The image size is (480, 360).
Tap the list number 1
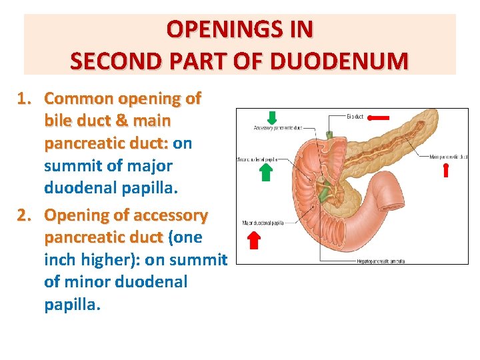tap(24, 99)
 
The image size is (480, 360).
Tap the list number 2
tap(24, 216)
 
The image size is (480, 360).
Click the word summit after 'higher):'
tap(199, 260)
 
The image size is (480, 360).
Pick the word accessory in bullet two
tap(171, 216)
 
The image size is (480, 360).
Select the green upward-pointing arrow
tap(265, 172)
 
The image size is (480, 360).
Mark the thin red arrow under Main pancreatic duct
tap(446, 170)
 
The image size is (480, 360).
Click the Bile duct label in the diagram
tap(355, 117)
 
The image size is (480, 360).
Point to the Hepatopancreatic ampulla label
tap(381, 261)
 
